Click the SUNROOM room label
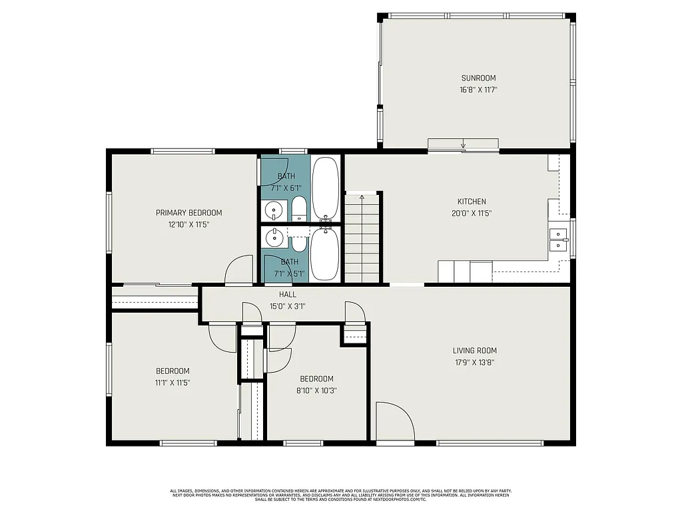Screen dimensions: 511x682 (x=478, y=78)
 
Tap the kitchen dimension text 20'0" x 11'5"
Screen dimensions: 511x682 (x=472, y=214)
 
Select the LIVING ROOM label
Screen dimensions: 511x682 (x=474, y=351)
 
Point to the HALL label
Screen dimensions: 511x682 (x=288, y=294)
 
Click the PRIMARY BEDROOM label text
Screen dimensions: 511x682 (x=188, y=213)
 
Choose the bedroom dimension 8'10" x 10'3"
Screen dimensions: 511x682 (x=317, y=391)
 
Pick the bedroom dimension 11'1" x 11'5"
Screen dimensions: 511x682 (x=172, y=383)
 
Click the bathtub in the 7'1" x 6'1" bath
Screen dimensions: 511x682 (x=326, y=188)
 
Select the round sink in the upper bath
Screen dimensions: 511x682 (x=273, y=212)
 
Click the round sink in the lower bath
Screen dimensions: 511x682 (x=273, y=236)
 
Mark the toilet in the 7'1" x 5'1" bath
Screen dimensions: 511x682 (x=299, y=242)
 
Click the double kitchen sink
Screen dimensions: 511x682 (x=557, y=240)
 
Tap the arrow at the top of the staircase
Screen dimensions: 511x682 (x=362, y=197)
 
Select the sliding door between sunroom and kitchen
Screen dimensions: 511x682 (x=463, y=145)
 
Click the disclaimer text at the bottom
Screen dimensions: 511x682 (x=340, y=495)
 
